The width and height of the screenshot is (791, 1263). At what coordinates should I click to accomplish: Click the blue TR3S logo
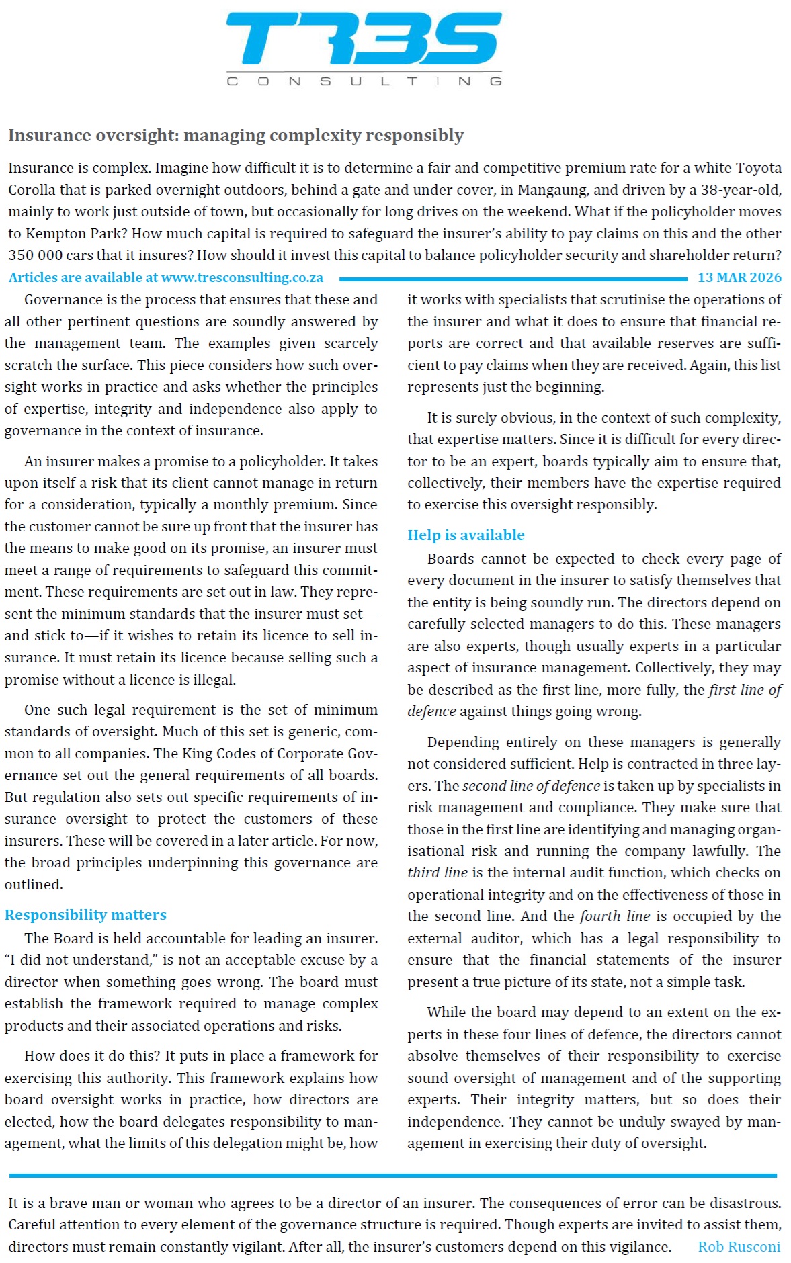coord(364,39)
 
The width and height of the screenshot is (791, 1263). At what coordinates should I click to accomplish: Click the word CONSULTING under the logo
coord(364,81)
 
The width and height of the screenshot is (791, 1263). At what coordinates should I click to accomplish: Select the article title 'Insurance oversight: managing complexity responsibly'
coord(236,135)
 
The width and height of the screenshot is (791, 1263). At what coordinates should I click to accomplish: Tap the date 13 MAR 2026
coord(739,277)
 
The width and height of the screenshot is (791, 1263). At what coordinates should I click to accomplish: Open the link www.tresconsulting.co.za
coord(242,277)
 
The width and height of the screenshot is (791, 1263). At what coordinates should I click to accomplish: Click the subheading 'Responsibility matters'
coord(85,914)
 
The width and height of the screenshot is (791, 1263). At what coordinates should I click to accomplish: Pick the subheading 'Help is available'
coord(466,535)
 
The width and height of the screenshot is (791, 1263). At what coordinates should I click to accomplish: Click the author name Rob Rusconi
coord(739,1246)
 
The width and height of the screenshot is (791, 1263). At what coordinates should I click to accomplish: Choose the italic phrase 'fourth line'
coord(614,916)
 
